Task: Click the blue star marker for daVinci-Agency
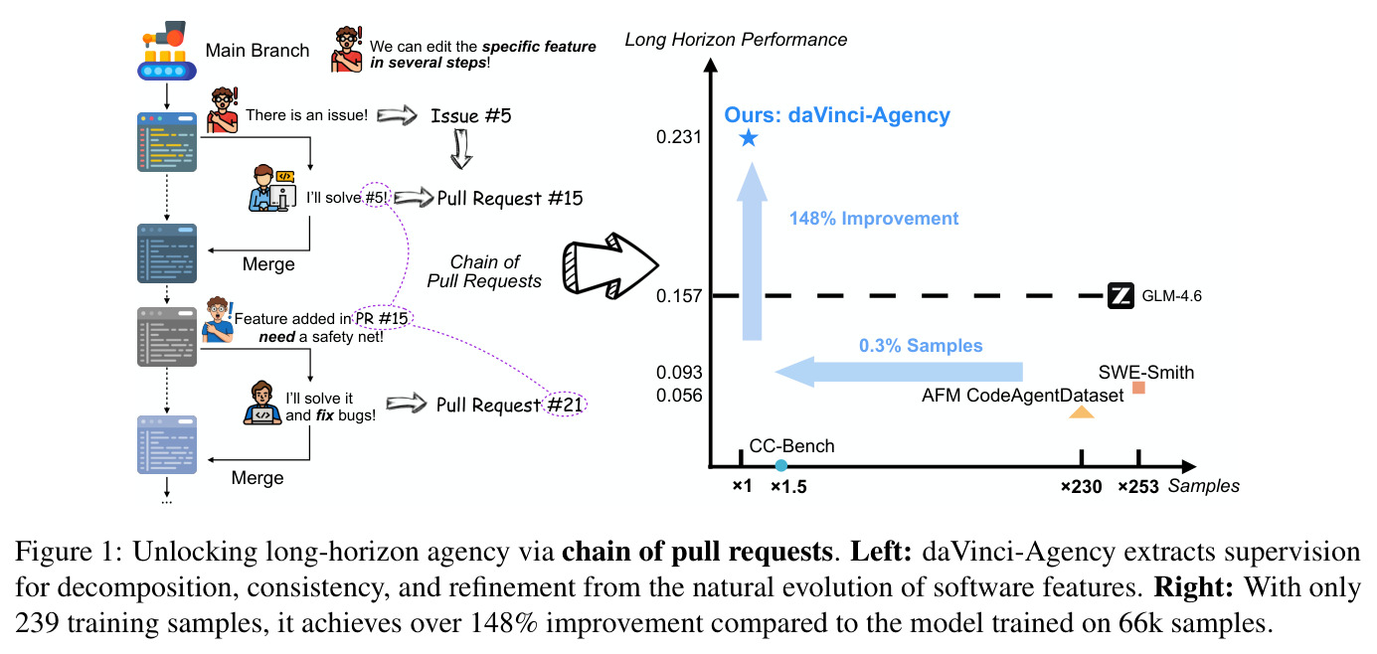748,138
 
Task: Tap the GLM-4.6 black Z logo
1120,296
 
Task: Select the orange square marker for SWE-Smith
1138,388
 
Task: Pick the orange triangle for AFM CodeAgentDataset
1082,411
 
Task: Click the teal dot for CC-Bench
780,465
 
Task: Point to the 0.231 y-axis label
679,136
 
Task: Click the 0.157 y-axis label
679,296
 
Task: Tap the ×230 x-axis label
1081,487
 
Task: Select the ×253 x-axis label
1137,487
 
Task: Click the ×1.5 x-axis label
788,487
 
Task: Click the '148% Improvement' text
874,219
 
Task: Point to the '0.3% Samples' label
921,346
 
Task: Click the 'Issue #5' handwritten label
471,115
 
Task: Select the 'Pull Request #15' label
510,198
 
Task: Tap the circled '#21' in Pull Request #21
565,404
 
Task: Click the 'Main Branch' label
257,51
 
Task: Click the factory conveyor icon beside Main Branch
167,51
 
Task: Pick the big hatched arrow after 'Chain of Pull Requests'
610,265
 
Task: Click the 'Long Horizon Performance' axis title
736,40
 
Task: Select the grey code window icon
167,337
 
